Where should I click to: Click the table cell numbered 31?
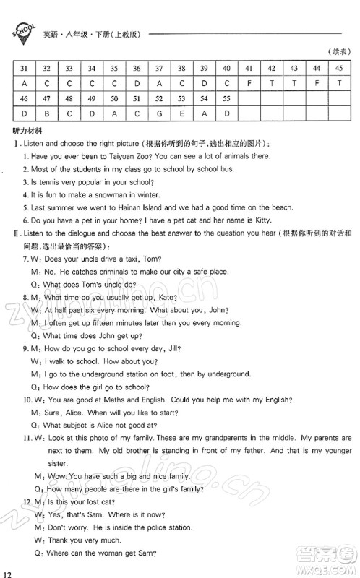pyautogui.click(x=24, y=69)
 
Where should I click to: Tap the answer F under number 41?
pyautogui.click(x=249, y=83)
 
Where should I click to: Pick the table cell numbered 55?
pyautogui.click(x=226, y=98)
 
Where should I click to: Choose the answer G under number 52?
pyautogui.click(x=159, y=113)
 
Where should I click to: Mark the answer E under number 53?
pyautogui.click(x=181, y=113)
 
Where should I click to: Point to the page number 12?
pyautogui.click(x=9, y=571)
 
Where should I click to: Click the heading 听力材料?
pyautogui.click(x=27, y=131)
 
